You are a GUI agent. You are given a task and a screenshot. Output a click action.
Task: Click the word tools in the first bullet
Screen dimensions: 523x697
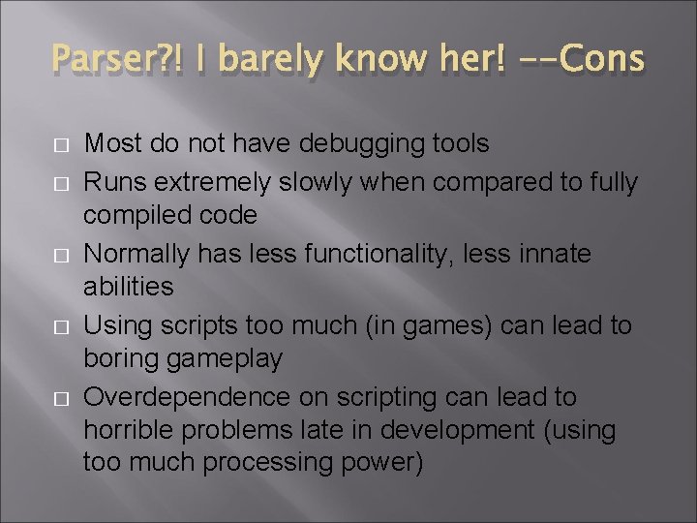(x=456, y=145)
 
